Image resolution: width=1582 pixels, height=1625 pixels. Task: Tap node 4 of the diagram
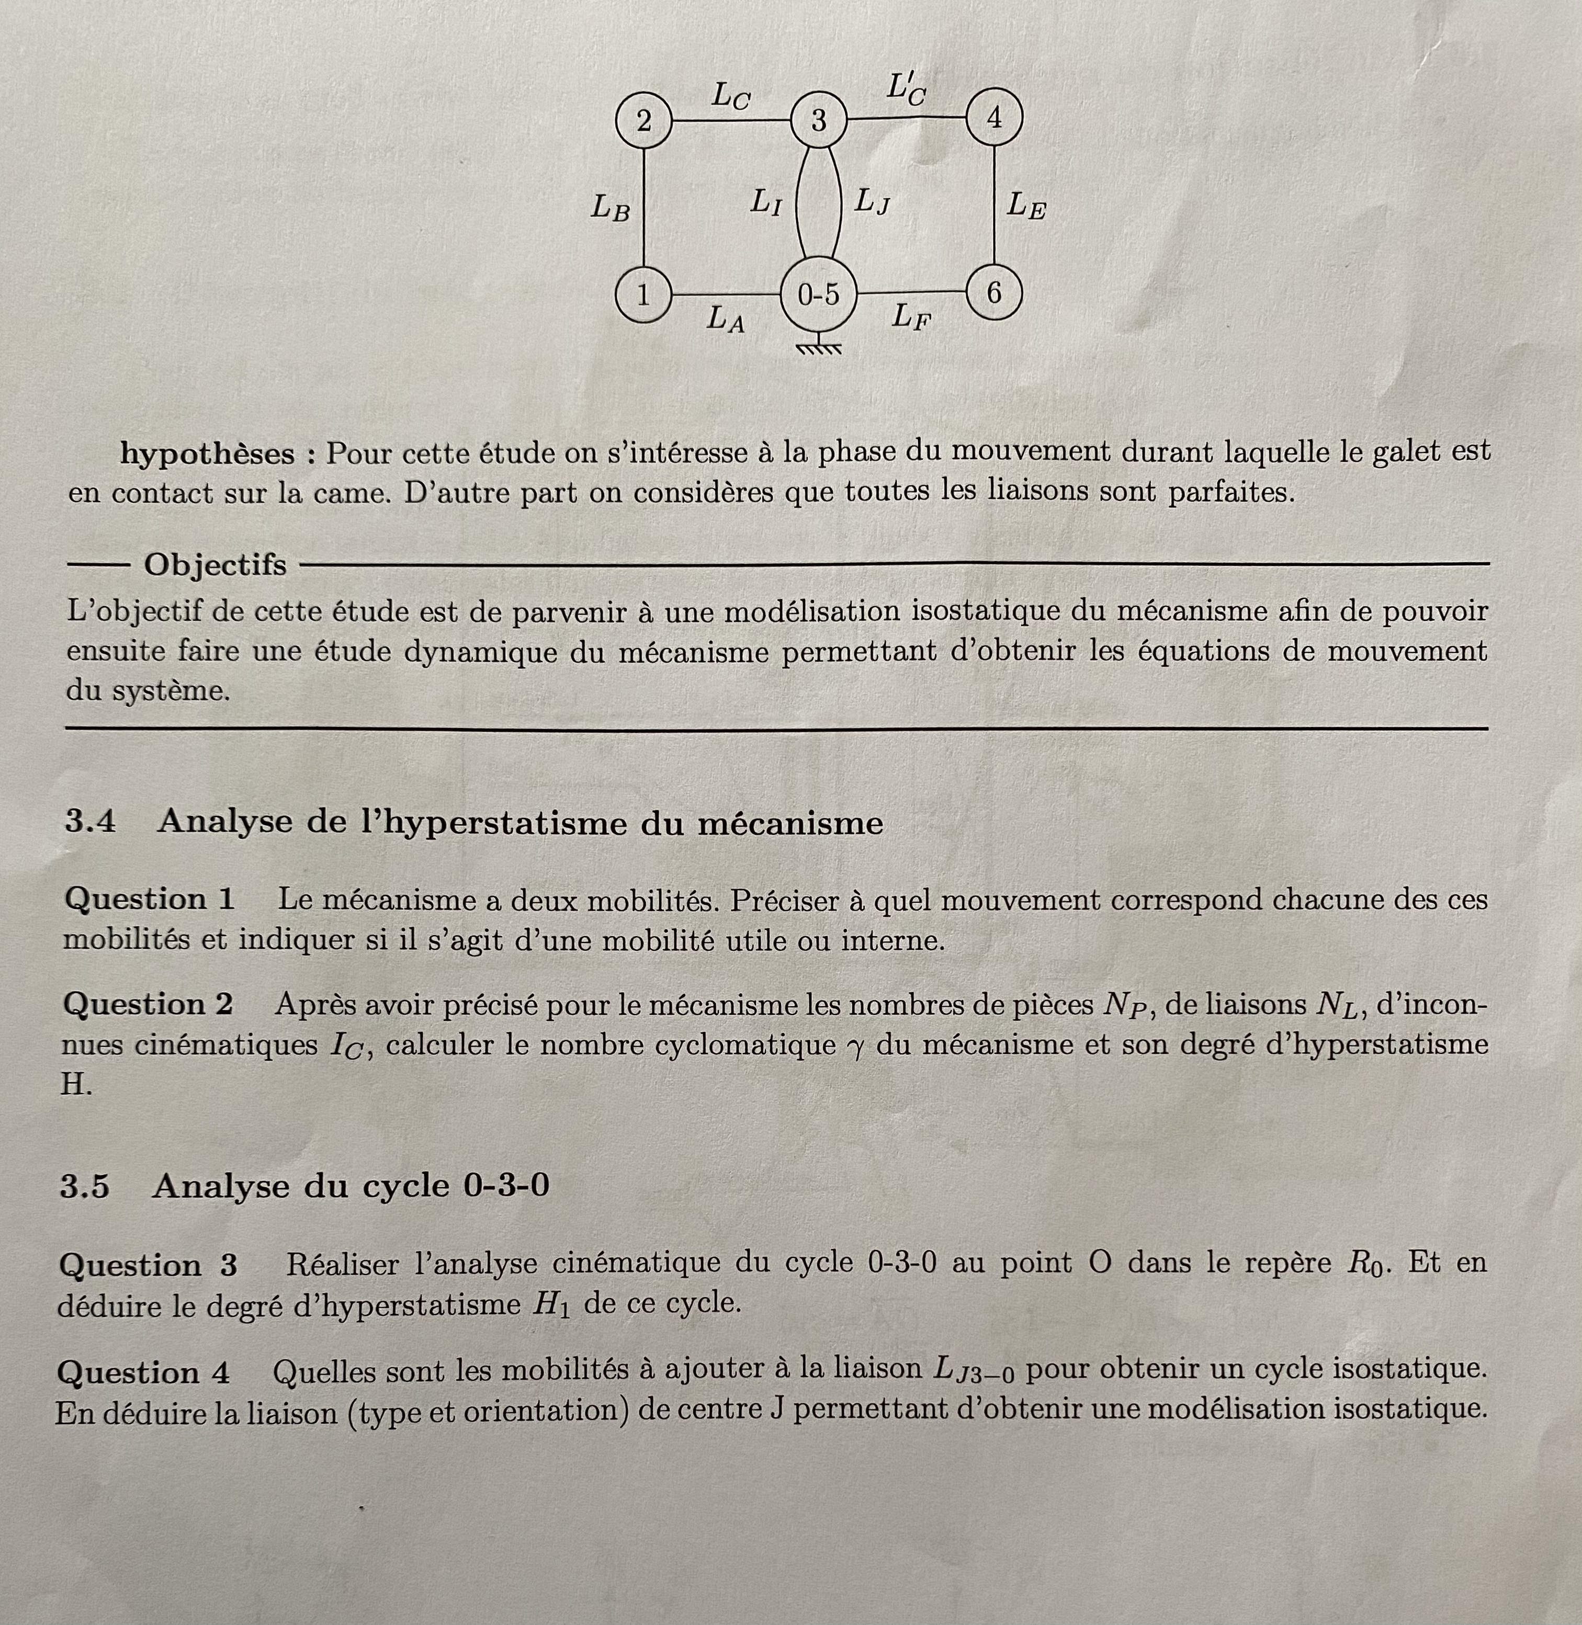click(x=994, y=118)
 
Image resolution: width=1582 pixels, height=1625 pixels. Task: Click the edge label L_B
click(x=610, y=207)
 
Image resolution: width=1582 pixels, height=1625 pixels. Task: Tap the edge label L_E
click(x=1026, y=204)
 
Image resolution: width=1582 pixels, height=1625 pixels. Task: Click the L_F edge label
click(x=911, y=316)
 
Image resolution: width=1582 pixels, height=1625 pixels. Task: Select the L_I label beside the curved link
click(x=765, y=202)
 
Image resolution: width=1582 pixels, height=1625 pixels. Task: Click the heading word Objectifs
click(x=214, y=565)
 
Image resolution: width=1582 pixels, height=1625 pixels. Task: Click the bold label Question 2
click(x=148, y=1004)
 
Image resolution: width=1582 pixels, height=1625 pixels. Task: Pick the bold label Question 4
click(x=143, y=1372)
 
